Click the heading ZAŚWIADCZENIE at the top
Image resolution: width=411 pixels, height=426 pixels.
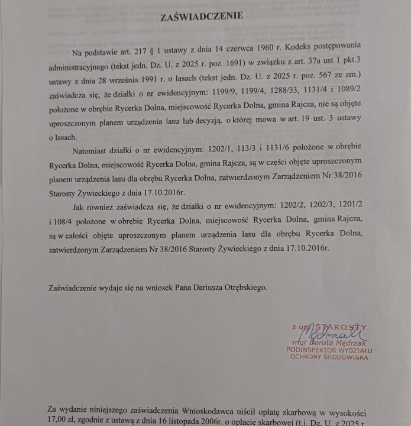point(201,17)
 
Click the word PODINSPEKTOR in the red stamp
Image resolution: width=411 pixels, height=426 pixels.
point(310,350)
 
